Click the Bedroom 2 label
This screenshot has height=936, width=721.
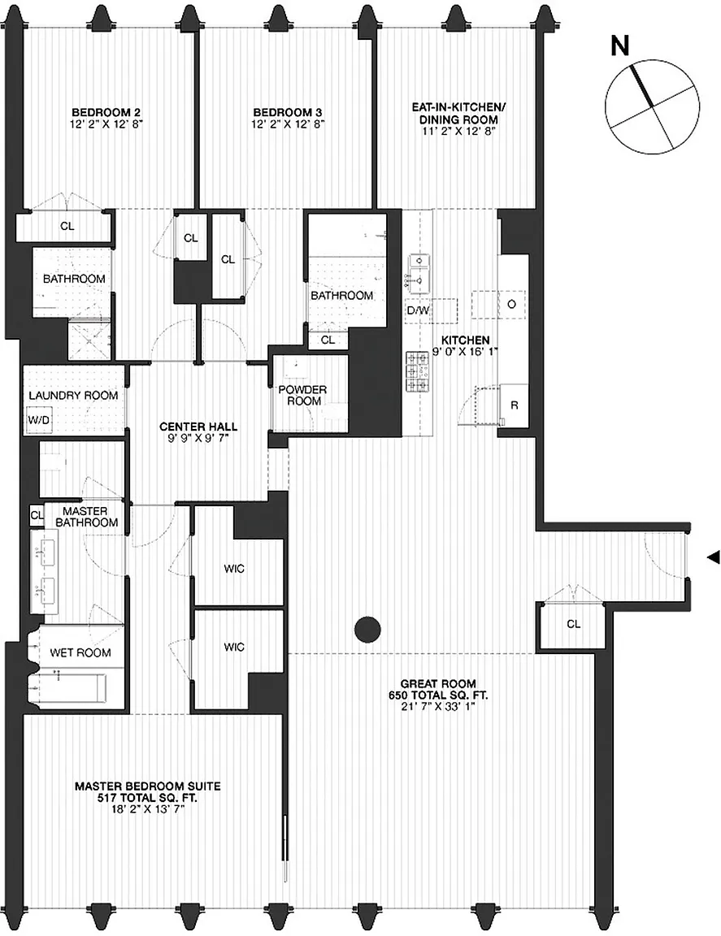106,112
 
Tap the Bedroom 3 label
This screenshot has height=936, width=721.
288,112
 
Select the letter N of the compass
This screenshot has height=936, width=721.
621,46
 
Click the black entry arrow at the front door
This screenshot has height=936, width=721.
713,557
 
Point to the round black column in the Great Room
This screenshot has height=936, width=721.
368,629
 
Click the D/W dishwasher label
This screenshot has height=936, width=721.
419,310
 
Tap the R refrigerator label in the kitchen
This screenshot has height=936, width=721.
515,405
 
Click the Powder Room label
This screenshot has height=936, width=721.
303,395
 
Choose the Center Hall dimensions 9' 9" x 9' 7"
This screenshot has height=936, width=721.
198,438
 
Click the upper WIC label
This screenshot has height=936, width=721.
234,569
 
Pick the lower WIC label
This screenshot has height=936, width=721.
234,647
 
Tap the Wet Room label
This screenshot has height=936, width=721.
80,653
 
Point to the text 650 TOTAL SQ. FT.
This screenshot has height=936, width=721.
438,695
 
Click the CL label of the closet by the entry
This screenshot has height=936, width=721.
573,624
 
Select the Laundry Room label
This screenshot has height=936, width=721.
73,395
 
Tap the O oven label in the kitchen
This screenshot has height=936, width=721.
511,304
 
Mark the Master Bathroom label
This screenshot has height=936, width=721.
87,517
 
